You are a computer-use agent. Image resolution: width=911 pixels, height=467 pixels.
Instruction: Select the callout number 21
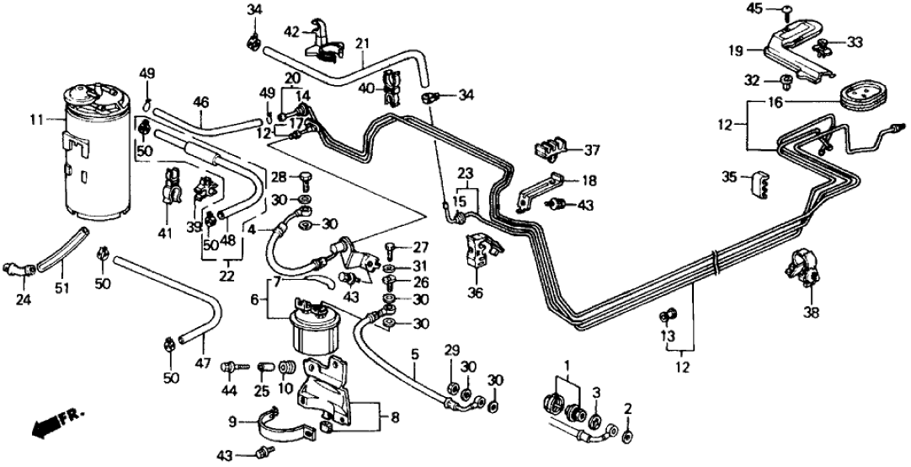click(x=362, y=43)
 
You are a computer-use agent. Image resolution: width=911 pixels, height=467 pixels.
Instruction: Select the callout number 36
click(x=476, y=294)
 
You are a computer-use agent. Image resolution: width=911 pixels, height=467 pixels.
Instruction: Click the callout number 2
click(x=627, y=410)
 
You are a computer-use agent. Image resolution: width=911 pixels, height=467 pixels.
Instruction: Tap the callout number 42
click(x=291, y=31)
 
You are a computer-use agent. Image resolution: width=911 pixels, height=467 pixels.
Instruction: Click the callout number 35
click(x=728, y=178)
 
